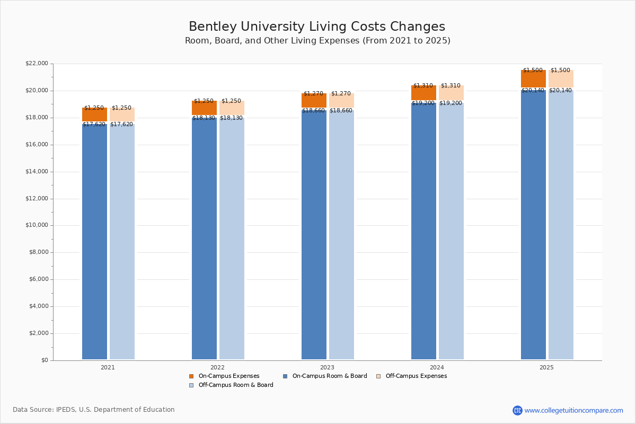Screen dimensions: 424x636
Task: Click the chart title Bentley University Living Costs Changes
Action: tap(317, 27)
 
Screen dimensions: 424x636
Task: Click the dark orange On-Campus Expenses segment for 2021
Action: tap(94, 115)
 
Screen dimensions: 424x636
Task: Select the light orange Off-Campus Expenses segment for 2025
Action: tap(561, 79)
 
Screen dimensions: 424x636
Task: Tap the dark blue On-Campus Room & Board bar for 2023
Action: tap(314, 233)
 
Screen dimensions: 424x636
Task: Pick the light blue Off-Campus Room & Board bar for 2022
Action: tap(232, 238)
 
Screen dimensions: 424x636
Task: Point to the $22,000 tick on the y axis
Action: tap(37, 64)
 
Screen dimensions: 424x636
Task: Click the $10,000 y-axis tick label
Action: tap(37, 225)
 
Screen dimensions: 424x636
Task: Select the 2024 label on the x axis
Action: tap(437, 367)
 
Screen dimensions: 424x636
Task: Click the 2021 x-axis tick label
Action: tap(108, 367)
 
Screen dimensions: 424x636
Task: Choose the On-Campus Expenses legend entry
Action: tap(228, 376)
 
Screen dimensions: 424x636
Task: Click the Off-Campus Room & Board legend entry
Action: tap(235, 385)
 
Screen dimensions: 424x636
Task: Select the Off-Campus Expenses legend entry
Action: tap(416, 376)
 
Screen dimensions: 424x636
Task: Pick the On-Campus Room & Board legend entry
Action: tap(329, 376)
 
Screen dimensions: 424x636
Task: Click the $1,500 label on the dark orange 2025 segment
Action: tap(533, 70)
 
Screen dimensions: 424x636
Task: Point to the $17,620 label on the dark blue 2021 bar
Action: tap(94, 125)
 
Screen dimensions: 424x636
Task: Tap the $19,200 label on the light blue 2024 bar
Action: tap(450, 103)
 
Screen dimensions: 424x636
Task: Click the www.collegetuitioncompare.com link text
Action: tap(573, 410)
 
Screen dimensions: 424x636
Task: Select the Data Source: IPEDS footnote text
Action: tap(94, 410)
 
